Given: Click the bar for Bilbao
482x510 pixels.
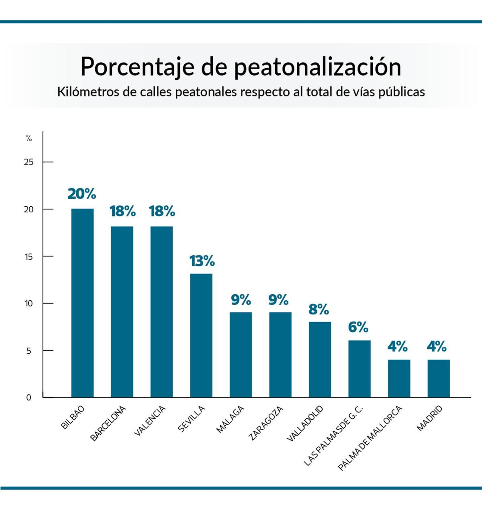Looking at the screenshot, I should pyautogui.click(x=82, y=303).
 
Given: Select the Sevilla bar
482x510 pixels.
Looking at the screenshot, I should pyautogui.click(x=201, y=335).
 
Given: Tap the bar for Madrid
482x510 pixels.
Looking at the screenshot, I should pyautogui.click(x=438, y=378).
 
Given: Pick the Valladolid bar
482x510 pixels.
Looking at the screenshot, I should pyautogui.click(x=320, y=359).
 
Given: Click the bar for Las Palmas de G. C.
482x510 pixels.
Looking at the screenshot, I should pyautogui.click(x=359, y=369).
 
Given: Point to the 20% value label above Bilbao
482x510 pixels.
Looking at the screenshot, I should pyautogui.click(x=82, y=194).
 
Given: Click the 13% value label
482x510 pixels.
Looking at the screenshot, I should pyautogui.click(x=202, y=261).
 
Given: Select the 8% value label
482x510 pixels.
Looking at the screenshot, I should pyautogui.click(x=318, y=309).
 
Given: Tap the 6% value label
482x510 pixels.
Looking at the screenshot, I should pyautogui.click(x=358, y=327).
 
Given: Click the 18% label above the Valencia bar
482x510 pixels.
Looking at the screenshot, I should pyautogui.click(x=162, y=211).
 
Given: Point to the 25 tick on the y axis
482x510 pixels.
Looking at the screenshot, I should pyautogui.click(x=29, y=162).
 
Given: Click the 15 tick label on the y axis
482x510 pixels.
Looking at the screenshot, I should pyautogui.click(x=29, y=257).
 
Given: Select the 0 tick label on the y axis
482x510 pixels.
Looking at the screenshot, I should pyautogui.click(x=29, y=398).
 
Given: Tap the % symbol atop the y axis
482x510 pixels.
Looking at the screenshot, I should pyautogui.click(x=29, y=138).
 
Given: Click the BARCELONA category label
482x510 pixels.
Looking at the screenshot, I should pyautogui.click(x=108, y=423).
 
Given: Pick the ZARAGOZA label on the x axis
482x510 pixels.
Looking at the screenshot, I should pyautogui.click(x=266, y=423).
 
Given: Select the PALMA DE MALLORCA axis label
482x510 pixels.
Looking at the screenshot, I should pyautogui.click(x=370, y=438).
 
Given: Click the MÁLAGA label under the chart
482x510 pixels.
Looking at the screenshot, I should pyautogui.click(x=230, y=419).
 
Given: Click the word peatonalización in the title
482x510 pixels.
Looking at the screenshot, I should pyautogui.click(x=318, y=67).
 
